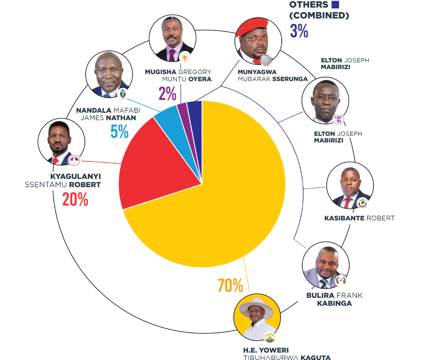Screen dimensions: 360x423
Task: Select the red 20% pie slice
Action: [153, 167]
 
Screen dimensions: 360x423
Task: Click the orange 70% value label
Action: [230, 286]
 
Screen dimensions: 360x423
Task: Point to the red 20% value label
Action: [75, 199]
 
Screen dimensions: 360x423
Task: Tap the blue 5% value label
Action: [119, 132]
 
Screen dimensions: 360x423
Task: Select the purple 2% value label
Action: [167, 94]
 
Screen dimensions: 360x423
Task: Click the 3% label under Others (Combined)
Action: [299, 31]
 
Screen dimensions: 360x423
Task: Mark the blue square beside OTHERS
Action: [335, 5]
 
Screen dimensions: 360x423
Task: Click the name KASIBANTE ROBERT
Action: [359, 218]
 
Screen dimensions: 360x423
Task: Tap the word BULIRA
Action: [320, 295]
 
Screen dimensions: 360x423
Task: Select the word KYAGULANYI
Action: [76, 176]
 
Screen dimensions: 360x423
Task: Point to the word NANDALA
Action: [94, 111]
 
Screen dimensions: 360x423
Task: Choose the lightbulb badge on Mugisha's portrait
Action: [185, 57]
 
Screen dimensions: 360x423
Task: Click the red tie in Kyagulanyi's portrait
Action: [56, 161]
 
